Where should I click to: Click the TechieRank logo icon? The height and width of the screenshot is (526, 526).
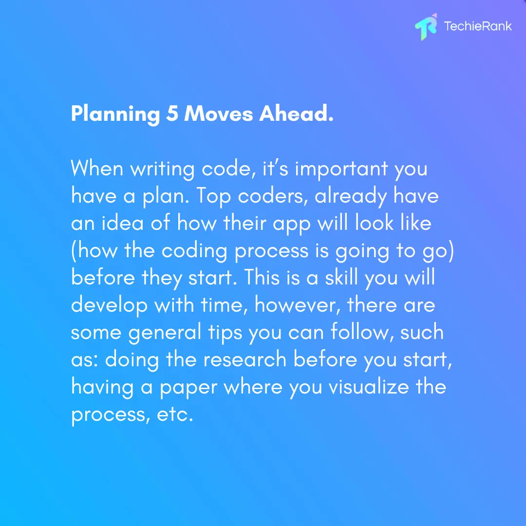click(x=426, y=28)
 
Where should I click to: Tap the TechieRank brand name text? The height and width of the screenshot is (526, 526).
click(x=478, y=26)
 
